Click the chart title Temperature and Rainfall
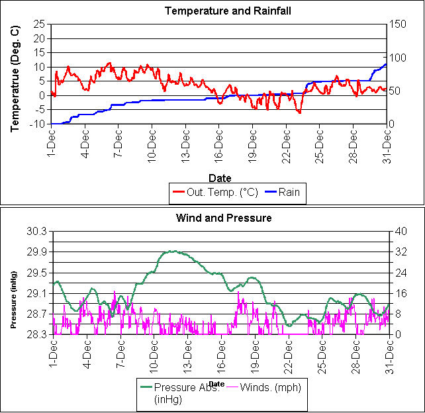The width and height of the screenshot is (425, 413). coord(218,11)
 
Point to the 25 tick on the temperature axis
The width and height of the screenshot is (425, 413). coord(38,24)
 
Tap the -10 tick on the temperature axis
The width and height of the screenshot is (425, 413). coord(36,124)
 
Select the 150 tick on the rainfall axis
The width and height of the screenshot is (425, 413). coord(397,24)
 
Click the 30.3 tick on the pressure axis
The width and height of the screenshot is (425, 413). coord(37,231)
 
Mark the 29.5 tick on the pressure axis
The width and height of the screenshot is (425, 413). coord(37,273)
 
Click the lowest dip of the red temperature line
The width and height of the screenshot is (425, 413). coord(299,113)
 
